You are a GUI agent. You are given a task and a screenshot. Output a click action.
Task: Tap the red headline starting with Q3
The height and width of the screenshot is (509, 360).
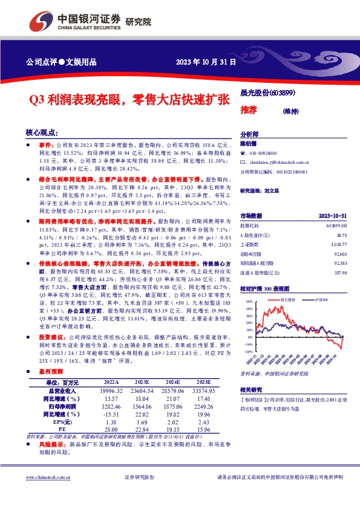(129, 99)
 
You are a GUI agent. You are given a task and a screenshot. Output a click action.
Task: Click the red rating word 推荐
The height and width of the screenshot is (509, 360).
(249, 110)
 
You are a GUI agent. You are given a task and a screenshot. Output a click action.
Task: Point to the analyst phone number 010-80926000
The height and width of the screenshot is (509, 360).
(263, 154)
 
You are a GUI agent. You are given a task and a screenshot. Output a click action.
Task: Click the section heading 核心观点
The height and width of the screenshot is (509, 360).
(41, 132)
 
